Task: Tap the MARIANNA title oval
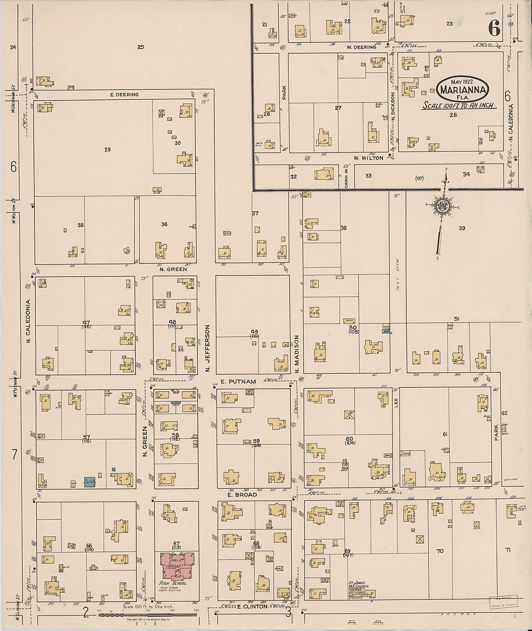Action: pos(462,89)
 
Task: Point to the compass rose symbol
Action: pos(443,205)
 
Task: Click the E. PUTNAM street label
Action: pos(238,382)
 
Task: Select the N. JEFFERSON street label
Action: pos(207,348)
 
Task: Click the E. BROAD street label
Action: pos(242,495)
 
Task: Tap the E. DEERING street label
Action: pos(124,95)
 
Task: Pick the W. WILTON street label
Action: pos(368,158)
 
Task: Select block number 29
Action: pos(107,149)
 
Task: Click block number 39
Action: pos(462,228)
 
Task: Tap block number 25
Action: pos(140,47)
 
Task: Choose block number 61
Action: pos(445,434)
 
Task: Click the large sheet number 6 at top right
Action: pos(494,29)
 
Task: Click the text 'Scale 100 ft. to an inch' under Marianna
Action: pos(459,105)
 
